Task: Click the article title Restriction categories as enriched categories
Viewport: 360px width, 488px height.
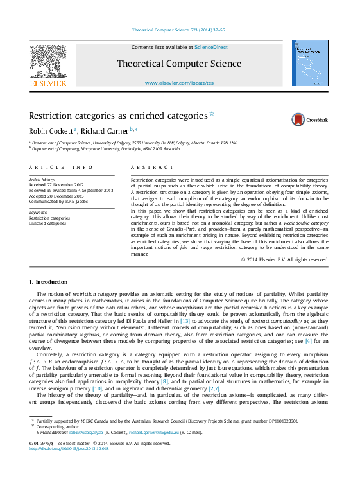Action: click(109, 116)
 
